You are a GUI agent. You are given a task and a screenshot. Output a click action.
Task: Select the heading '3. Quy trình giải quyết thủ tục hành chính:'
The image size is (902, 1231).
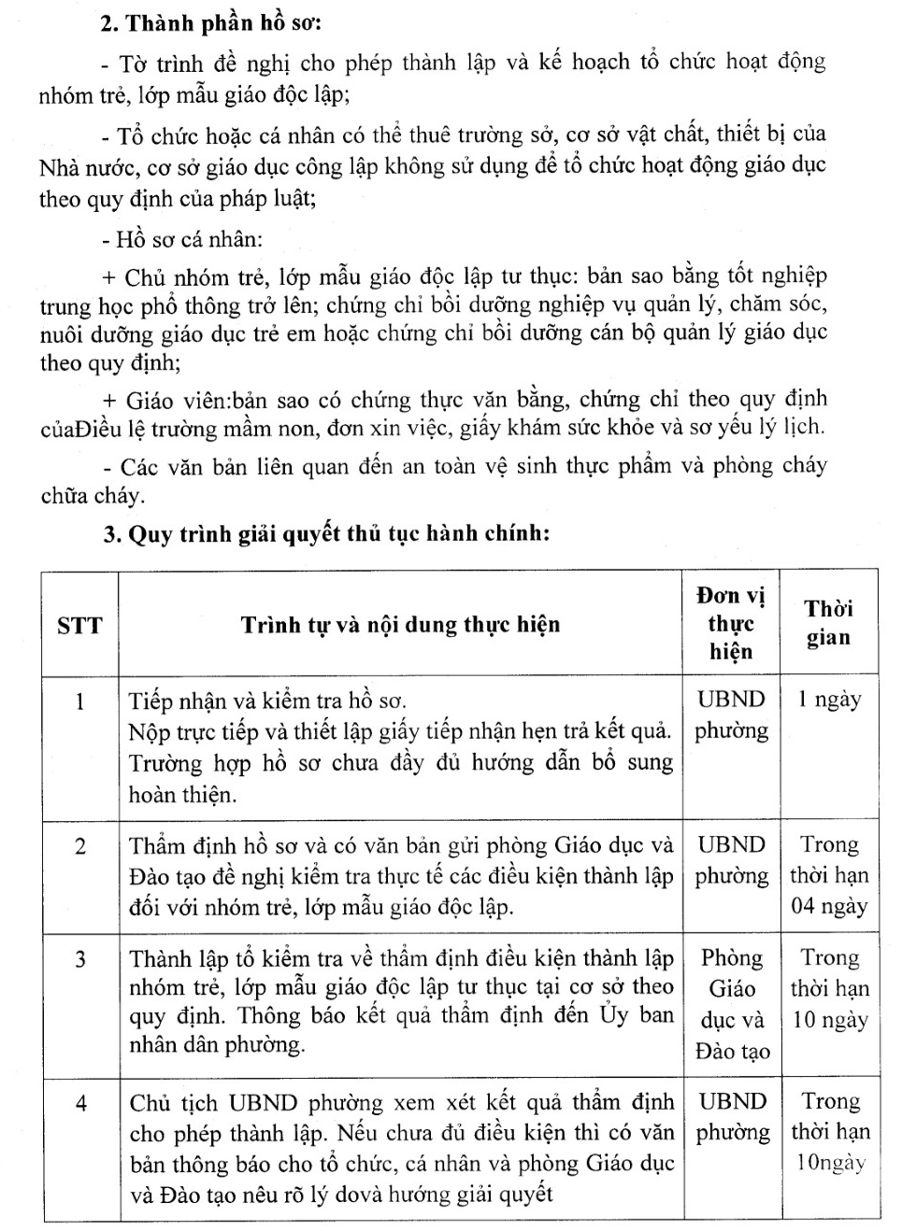pos(325,533)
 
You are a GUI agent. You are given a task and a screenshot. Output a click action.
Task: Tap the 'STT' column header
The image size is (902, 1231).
pos(79,625)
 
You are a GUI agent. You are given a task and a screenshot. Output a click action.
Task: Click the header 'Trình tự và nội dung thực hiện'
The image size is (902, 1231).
pos(400,625)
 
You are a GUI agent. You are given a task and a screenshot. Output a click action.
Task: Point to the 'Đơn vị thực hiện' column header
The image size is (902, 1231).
pos(731,623)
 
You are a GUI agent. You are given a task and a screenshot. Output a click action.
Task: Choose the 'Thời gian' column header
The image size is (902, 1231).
pos(829,623)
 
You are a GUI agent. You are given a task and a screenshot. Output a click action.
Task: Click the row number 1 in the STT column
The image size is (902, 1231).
pos(79,700)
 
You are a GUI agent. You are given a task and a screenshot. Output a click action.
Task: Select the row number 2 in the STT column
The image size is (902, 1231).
pos(79,846)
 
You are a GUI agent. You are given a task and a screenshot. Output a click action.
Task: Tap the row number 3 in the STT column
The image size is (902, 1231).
pos(80,959)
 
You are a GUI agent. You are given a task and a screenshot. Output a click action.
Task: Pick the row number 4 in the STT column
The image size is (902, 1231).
pos(81,1104)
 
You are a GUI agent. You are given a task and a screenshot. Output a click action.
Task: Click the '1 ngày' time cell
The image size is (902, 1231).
pos(829,700)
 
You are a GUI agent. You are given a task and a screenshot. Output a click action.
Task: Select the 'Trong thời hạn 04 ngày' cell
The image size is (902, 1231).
pos(829,875)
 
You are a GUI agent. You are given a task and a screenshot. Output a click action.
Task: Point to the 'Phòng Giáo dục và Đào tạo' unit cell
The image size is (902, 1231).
pos(732,1004)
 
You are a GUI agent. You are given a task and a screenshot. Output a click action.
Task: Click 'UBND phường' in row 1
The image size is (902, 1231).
pos(731,715)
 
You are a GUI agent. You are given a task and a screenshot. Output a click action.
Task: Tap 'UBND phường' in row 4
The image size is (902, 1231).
pos(733,1117)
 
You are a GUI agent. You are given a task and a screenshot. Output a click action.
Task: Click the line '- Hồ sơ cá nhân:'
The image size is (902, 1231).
pos(181,239)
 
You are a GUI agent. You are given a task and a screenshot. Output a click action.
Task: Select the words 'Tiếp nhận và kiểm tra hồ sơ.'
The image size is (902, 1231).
pos(267,700)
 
